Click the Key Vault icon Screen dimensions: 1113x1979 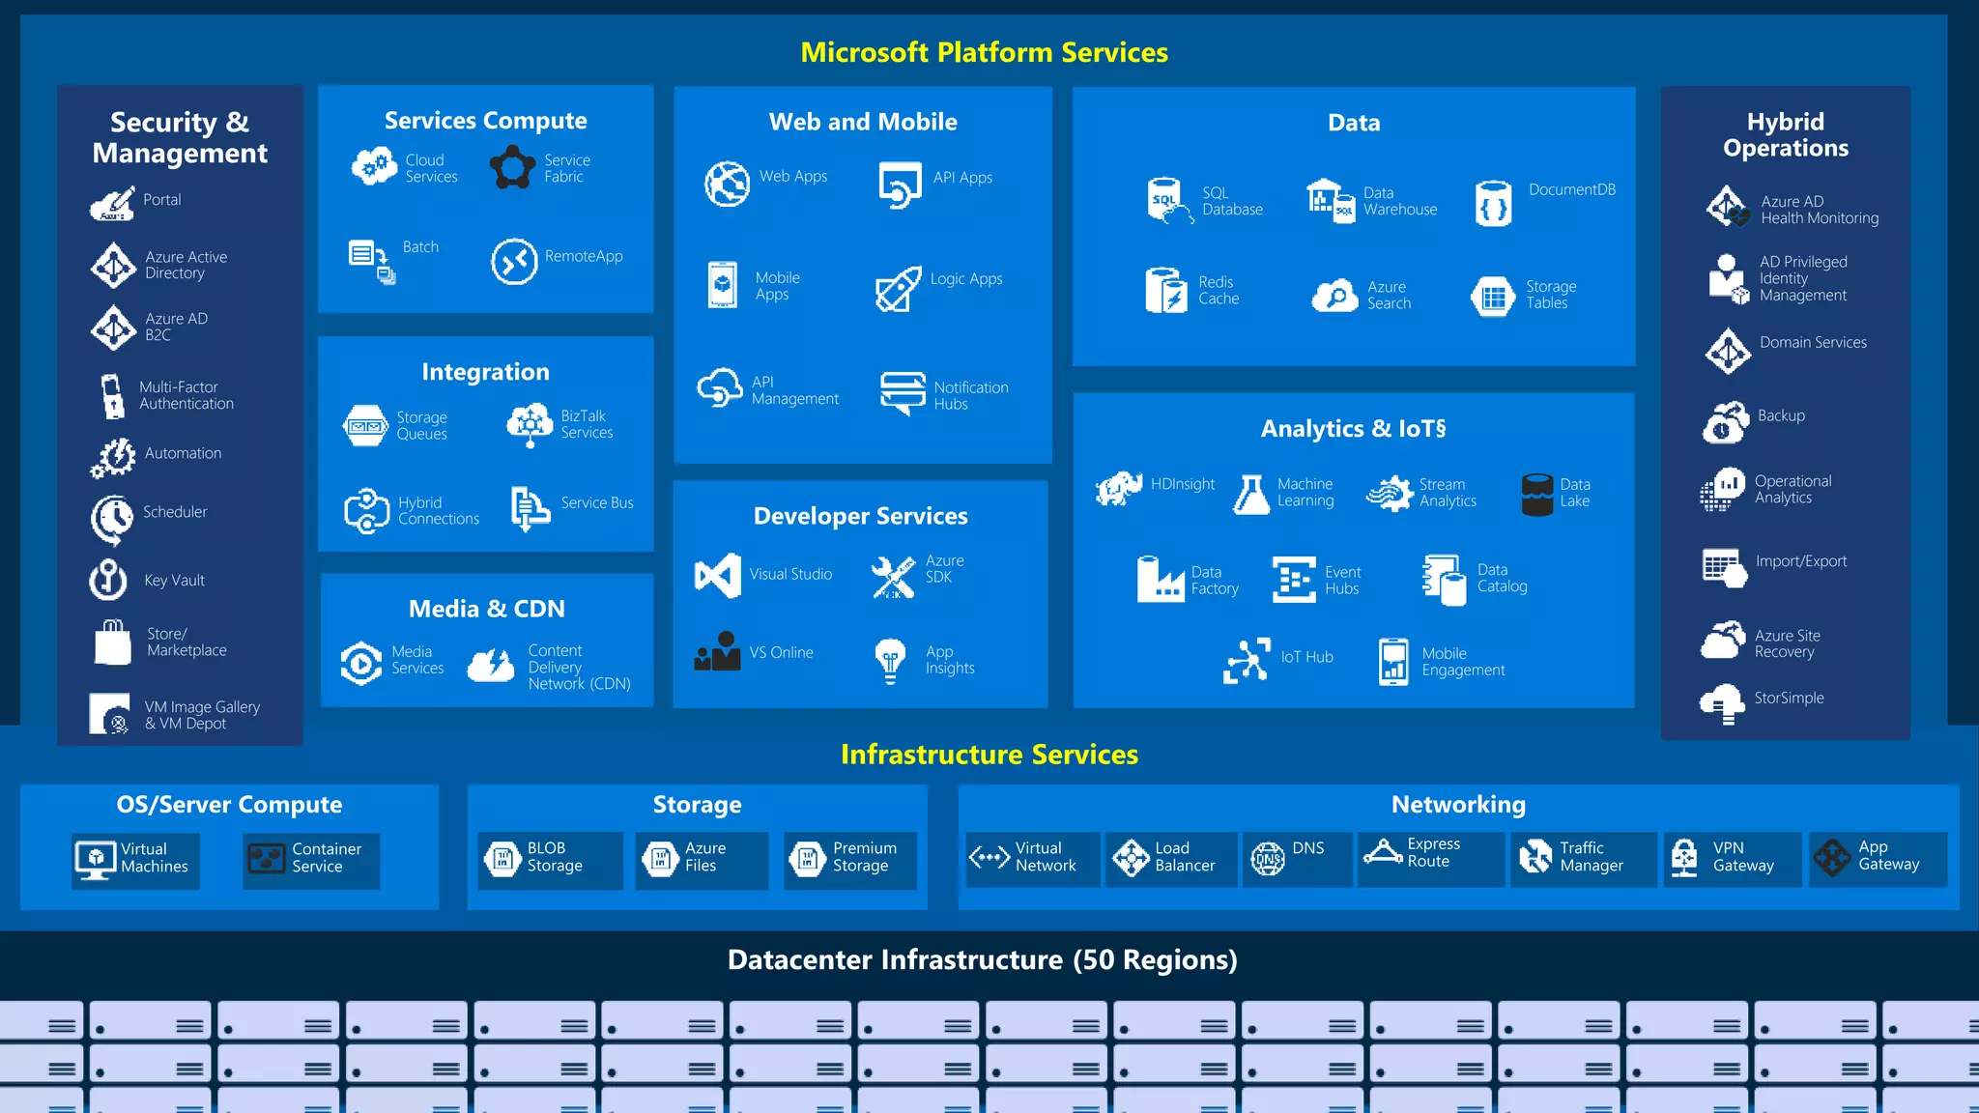[x=108, y=580]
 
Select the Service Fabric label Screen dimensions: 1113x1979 [x=566, y=168]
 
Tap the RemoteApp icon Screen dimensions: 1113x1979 [x=514, y=261]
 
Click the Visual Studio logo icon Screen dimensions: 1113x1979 [x=718, y=575]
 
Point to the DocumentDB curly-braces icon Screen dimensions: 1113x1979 [x=1493, y=204]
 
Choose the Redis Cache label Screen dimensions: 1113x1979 [x=1219, y=291]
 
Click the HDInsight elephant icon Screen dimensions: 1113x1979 [x=1119, y=489]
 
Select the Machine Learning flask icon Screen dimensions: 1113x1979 [x=1251, y=494]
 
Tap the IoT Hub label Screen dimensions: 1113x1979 [x=1306, y=657]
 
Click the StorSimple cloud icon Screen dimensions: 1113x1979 [x=1723, y=702]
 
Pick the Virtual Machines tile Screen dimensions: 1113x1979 [x=135, y=859]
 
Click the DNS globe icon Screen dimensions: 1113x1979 [x=1268, y=858]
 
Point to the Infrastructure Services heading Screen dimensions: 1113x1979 [x=989, y=755]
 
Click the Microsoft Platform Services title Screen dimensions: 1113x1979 [x=984, y=52]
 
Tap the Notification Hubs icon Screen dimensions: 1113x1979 [x=903, y=392]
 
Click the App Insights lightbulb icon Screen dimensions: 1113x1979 [x=890, y=661]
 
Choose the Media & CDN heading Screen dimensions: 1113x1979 [x=486, y=609]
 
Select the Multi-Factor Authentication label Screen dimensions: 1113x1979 [x=186, y=395]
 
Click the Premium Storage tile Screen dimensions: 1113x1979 [x=848, y=858]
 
